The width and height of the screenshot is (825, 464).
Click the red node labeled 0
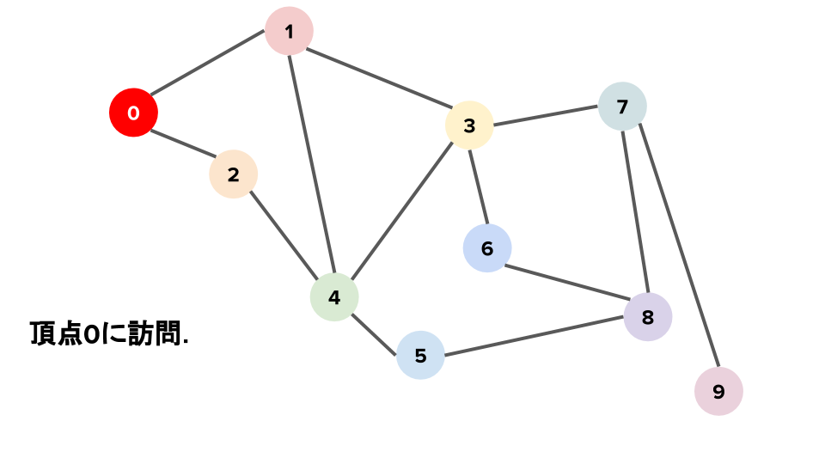[133, 113]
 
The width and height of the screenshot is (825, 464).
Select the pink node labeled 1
[289, 32]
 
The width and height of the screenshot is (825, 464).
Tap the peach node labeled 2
[233, 174]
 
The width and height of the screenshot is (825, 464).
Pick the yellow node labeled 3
[468, 125]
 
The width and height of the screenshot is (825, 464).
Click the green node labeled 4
[333, 297]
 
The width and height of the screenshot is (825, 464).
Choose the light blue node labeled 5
[420, 355]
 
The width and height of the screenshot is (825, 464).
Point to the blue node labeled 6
[487, 248]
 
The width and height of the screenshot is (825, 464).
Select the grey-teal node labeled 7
[622, 107]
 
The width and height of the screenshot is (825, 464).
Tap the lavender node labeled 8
[648, 316]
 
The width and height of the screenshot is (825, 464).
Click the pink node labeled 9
[718, 391]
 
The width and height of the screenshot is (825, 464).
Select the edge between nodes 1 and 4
[311, 164]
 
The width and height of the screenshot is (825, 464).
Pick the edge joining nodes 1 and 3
[378, 78]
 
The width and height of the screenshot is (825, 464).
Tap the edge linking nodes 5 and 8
[534, 336]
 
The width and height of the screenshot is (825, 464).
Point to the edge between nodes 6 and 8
[567, 282]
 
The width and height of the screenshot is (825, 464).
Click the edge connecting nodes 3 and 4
[401, 211]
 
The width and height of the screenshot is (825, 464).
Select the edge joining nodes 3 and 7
[546, 116]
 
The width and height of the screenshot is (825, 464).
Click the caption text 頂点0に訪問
[109, 333]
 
